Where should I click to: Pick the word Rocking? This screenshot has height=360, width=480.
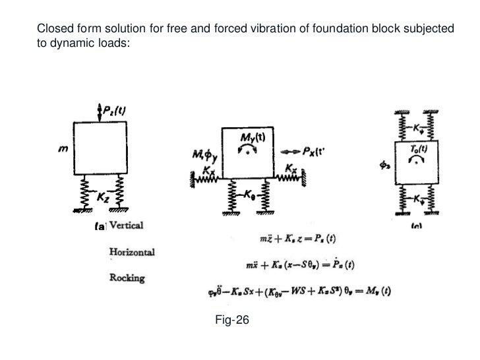127,277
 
